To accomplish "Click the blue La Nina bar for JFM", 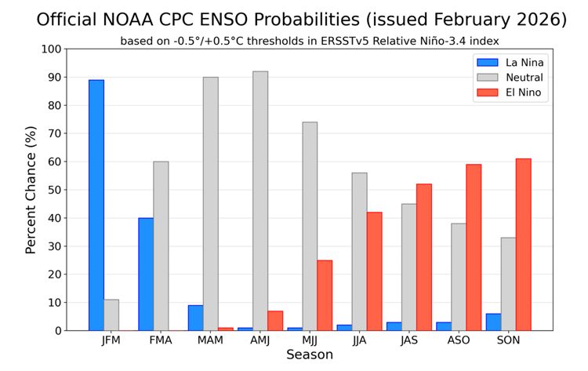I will pyautogui.click(x=96, y=206).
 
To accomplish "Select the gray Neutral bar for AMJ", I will pyautogui.click(x=260, y=201).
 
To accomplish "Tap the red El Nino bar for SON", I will pyautogui.click(x=523, y=245).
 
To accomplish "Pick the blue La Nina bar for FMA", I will pyautogui.click(x=146, y=275).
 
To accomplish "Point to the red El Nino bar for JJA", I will pyautogui.click(x=374, y=271).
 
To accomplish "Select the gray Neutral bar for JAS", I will pyautogui.click(x=408, y=267).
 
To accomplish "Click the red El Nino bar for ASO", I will pyautogui.click(x=474, y=248).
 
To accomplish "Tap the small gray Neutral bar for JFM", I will pyautogui.click(x=111, y=315).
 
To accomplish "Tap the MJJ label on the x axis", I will pyautogui.click(x=310, y=341).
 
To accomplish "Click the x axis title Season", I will pyautogui.click(x=309, y=355).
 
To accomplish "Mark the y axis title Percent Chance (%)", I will pyautogui.click(x=31, y=191).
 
